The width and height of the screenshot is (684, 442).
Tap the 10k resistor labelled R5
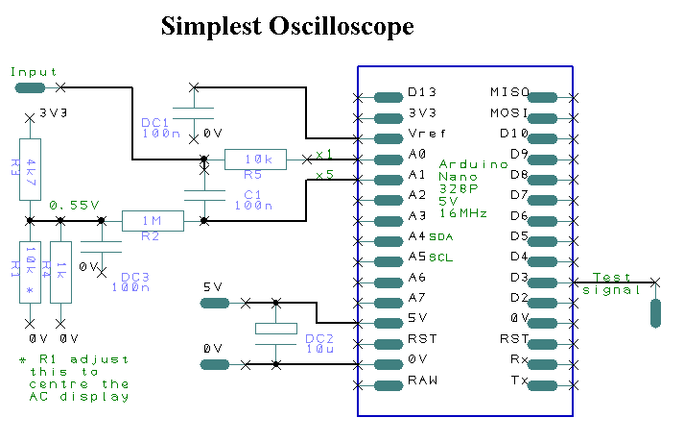point(255,160)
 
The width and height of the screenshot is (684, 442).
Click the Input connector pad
point(30,87)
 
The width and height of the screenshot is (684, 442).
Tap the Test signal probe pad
point(656,312)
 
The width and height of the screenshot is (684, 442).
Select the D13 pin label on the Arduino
point(422,93)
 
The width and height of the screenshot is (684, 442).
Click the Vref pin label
point(424,134)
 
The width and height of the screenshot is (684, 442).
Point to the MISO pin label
point(509,93)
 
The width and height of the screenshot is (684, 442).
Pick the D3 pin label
point(519,278)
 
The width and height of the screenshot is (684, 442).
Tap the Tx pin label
point(520,381)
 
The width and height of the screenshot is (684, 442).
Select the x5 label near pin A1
point(323,175)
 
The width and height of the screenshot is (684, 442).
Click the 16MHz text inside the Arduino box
point(464,212)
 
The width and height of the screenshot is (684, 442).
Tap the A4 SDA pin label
point(429,236)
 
